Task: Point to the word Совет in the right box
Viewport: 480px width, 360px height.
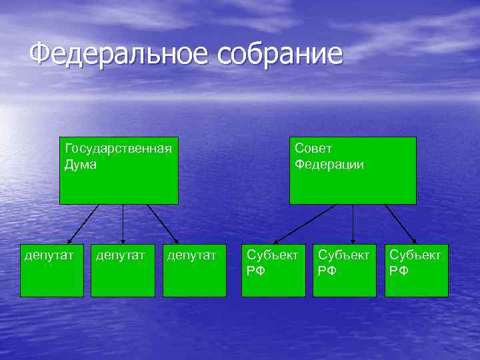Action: (313, 148)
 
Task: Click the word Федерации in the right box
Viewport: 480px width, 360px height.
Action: (329, 164)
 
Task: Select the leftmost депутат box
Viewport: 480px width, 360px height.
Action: (52, 270)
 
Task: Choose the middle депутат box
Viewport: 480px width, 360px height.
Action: (123, 270)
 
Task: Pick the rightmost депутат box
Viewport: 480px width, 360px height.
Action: (194, 270)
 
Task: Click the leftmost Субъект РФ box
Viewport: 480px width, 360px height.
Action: (274, 270)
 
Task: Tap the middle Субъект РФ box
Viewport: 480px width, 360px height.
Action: (345, 270)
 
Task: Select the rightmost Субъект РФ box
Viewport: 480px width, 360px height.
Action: (416, 270)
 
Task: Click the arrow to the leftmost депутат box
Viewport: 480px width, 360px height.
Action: (83, 224)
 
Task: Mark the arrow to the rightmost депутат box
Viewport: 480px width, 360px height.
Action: (163, 224)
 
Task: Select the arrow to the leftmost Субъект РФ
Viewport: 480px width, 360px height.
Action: (305, 224)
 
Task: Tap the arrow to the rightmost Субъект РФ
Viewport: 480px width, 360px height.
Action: (401, 224)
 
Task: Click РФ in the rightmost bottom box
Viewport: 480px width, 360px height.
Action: (399, 271)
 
